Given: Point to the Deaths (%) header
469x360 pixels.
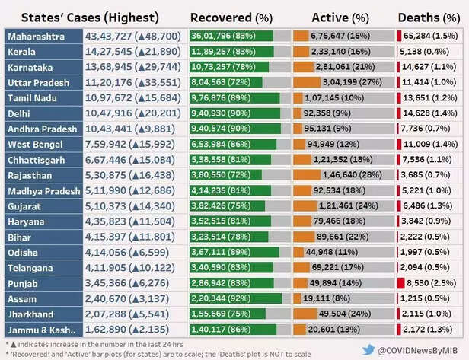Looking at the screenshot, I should point(429,14).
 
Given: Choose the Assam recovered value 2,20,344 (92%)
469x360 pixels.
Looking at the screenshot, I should point(222,299).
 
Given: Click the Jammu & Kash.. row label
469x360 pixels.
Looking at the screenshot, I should point(43,330).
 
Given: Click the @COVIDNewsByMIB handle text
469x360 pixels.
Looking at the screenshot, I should point(418,349).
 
